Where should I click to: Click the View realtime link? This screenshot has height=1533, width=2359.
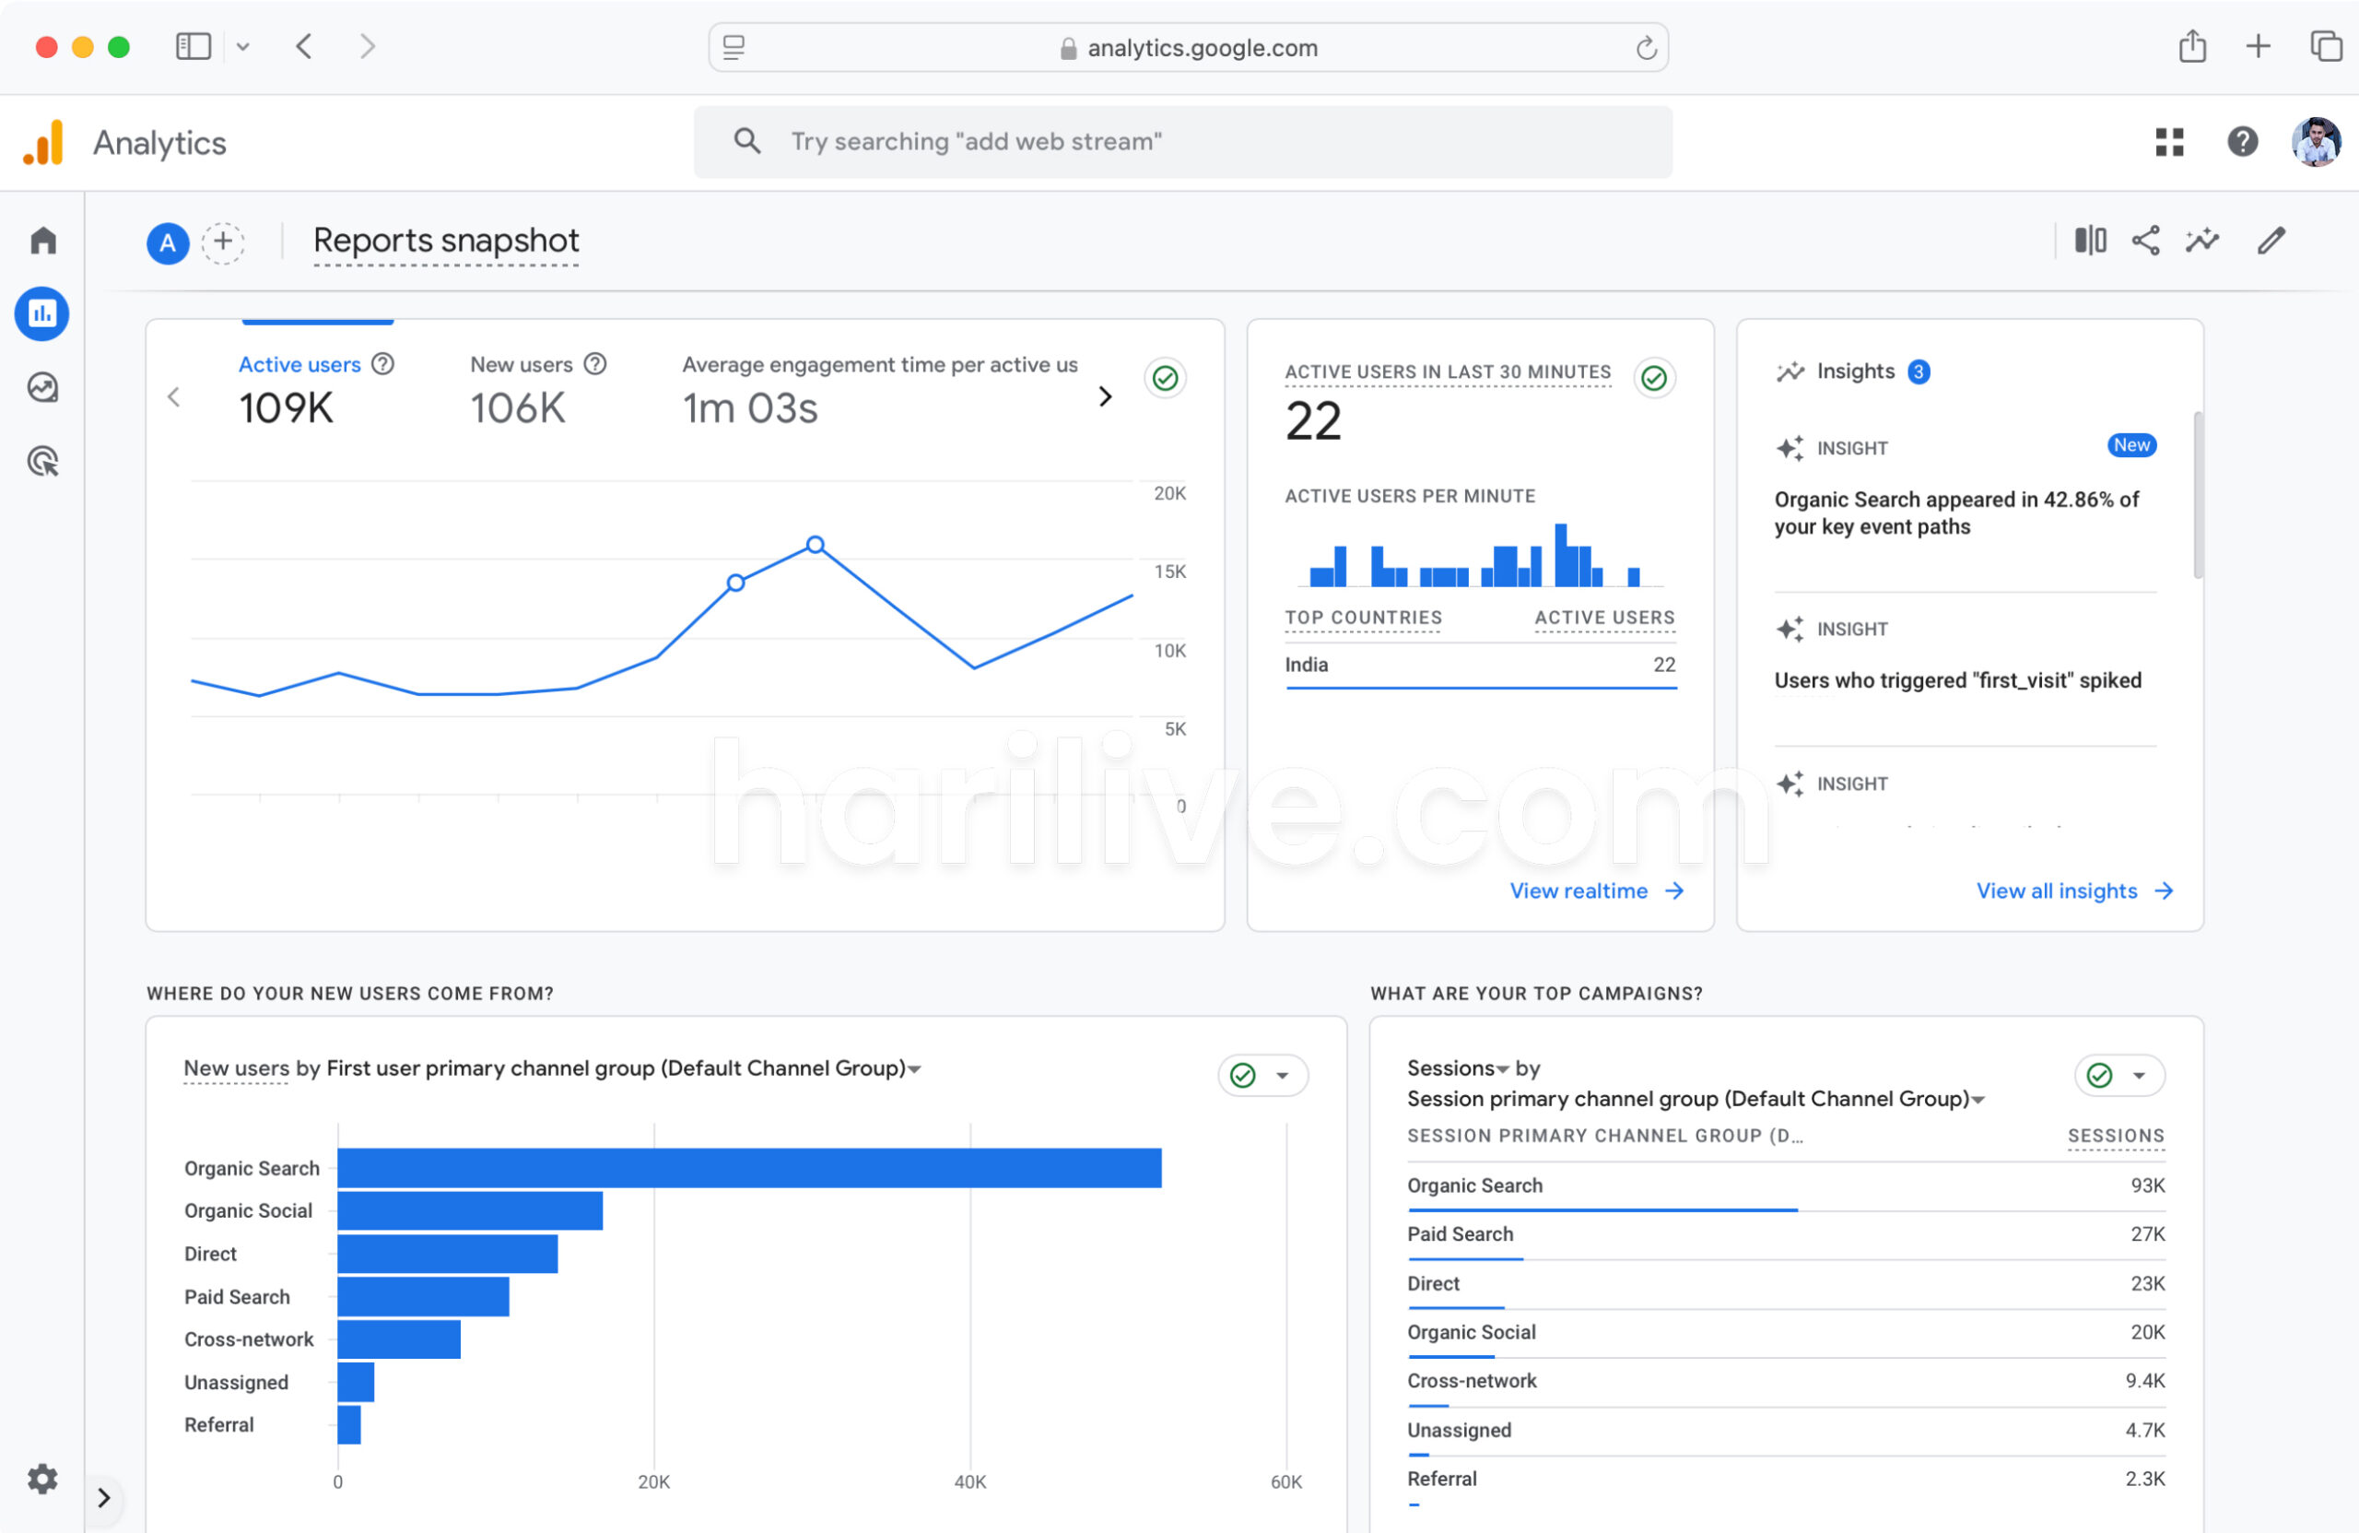click(1595, 890)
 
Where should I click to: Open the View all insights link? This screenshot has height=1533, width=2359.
click(2072, 890)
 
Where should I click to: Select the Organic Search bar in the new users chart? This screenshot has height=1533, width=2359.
click(748, 1167)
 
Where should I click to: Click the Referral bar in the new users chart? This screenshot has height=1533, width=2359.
click(349, 1424)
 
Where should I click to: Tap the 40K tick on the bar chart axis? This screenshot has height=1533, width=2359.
click(969, 1481)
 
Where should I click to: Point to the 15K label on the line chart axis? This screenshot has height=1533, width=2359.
click(1168, 572)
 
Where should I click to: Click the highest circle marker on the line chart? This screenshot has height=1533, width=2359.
click(815, 545)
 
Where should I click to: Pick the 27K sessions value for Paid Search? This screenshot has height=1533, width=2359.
click(2147, 1233)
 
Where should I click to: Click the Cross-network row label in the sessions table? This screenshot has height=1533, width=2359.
click(1471, 1380)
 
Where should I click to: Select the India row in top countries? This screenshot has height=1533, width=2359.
click(1306, 665)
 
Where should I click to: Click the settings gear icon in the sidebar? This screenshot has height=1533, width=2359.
click(41, 1479)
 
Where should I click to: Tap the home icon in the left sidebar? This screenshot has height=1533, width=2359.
click(42, 240)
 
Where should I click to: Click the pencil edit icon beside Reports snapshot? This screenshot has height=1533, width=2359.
click(2271, 240)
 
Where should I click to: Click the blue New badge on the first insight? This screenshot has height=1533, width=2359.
click(2130, 445)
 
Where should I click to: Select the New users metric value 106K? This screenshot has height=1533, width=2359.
click(517, 407)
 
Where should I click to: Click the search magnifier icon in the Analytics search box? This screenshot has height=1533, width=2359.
click(747, 141)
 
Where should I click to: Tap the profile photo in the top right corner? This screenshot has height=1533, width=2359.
click(2316, 142)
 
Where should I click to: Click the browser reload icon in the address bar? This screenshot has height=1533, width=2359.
click(1646, 48)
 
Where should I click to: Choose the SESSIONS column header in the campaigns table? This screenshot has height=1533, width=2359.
click(2114, 1136)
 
